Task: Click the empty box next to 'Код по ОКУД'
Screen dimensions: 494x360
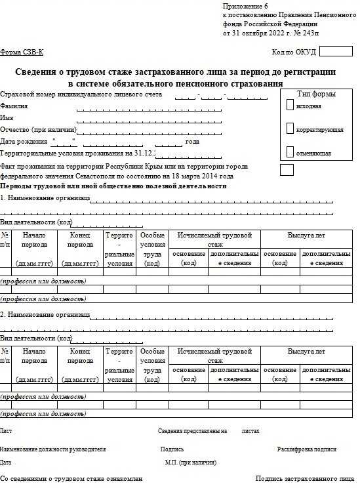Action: click(x=335, y=51)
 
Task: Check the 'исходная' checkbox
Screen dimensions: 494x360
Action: click(x=290, y=105)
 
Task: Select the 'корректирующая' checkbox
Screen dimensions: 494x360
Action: click(x=290, y=129)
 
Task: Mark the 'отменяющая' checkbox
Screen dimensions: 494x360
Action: click(x=290, y=152)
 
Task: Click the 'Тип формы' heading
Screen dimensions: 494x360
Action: click(x=316, y=94)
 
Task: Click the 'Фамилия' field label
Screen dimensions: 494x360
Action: click(x=14, y=106)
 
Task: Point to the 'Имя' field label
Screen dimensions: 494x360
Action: click(x=7, y=117)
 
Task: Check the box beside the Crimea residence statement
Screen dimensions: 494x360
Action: click(x=287, y=170)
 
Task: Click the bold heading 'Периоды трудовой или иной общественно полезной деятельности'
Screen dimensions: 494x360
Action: click(x=113, y=186)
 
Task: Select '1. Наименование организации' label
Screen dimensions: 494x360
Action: click(x=45, y=197)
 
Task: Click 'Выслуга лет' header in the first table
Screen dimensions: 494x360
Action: click(x=306, y=234)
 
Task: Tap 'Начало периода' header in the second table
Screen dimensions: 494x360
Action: click(x=34, y=356)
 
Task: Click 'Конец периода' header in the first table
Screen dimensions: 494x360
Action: click(x=80, y=239)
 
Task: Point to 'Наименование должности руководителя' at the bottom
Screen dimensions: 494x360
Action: click(x=53, y=449)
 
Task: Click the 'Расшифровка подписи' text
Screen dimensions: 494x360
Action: click(x=306, y=449)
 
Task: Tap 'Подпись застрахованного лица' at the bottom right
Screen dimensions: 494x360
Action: click(x=304, y=480)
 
